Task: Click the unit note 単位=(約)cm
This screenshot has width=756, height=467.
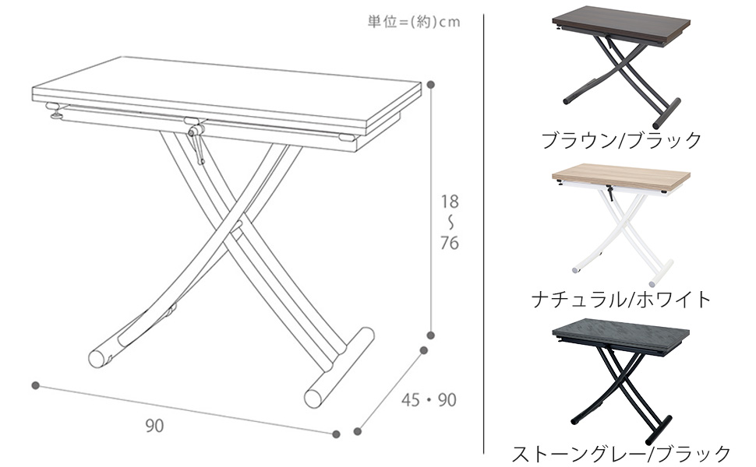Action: click(x=414, y=22)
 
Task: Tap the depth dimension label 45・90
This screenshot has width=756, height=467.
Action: click(x=428, y=401)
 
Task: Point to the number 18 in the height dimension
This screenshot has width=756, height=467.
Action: click(x=450, y=201)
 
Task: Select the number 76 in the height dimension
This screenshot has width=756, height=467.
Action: click(x=450, y=243)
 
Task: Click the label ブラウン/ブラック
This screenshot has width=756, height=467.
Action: click(x=621, y=141)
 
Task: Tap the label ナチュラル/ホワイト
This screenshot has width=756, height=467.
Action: click(x=621, y=299)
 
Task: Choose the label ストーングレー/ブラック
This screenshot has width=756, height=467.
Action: click(x=621, y=454)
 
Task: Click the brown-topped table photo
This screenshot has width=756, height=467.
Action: click(x=621, y=66)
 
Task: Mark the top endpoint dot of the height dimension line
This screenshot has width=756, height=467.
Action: click(x=430, y=83)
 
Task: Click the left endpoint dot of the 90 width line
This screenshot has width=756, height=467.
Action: click(x=36, y=384)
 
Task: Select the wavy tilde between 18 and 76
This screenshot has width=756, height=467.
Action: click(x=450, y=222)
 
